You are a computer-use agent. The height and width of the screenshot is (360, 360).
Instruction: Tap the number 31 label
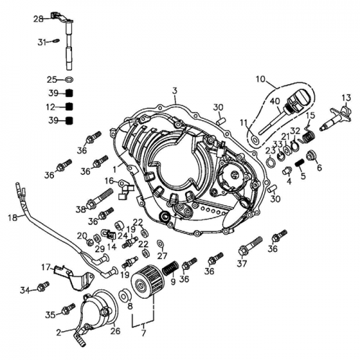[42, 42]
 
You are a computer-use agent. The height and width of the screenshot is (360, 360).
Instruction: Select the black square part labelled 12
[70, 107]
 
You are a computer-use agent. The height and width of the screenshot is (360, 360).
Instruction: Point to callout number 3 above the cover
[174, 91]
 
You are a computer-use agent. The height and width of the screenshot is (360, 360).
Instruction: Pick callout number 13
[346, 97]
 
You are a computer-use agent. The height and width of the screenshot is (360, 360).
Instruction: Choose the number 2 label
[58, 333]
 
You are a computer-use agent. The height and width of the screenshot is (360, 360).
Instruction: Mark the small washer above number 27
[160, 244]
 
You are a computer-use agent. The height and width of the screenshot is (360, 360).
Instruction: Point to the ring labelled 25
[70, 80]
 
